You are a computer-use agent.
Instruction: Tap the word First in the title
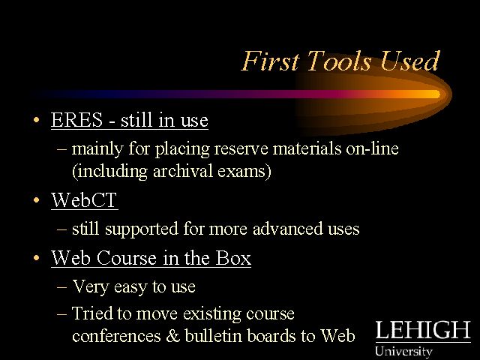point(270,61)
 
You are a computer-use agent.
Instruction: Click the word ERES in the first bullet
point(76,119)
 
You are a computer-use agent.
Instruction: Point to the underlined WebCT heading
point(84,200)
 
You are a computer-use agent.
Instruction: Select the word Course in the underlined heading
point(127,258)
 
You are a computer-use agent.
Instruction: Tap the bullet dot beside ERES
point(37,120)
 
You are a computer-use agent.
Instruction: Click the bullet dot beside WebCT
point(37,200)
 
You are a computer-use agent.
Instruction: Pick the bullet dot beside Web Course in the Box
point(37,258)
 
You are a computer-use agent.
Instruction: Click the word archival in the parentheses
point(183,171)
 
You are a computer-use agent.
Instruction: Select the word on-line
point(372,148)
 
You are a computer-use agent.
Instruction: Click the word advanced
point(288,229)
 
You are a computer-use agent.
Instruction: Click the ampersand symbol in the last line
point(173,335)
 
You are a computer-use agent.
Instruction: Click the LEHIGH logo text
point(423,330)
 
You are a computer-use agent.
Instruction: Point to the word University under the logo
point(403,351)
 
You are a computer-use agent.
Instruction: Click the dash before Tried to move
point(61,314)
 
